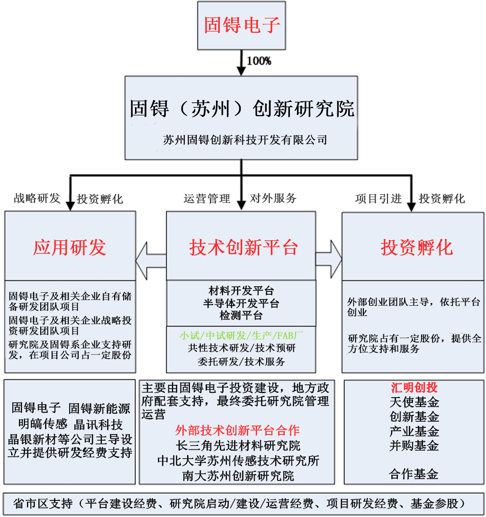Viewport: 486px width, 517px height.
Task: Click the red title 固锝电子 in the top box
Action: pos(242,25)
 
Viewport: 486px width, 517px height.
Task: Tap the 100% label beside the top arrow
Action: pos(259,61)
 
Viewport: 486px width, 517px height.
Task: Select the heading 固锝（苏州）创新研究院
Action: pos(242,109)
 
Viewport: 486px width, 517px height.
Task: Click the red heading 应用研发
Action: pos(70,247)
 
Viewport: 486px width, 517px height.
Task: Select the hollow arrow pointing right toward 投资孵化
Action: pos(329,259)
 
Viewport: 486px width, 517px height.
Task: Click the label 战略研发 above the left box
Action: pos(37,198)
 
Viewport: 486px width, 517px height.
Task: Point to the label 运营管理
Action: pos(207,198)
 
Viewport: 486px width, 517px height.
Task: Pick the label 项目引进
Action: pos(378,199)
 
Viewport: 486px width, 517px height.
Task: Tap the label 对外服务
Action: pos(273,198)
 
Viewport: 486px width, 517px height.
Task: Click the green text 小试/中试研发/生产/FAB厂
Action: pos(241,336)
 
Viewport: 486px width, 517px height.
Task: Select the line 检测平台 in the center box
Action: pos(241,315)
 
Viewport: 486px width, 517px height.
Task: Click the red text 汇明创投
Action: pos(414,388)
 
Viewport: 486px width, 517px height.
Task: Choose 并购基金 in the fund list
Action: pos(414,445)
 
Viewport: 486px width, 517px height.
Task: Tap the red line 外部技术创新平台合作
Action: pos(237,430)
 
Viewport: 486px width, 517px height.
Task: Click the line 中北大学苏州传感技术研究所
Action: pos(238,460)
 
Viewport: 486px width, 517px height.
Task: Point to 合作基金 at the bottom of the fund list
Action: pos(414,474)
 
